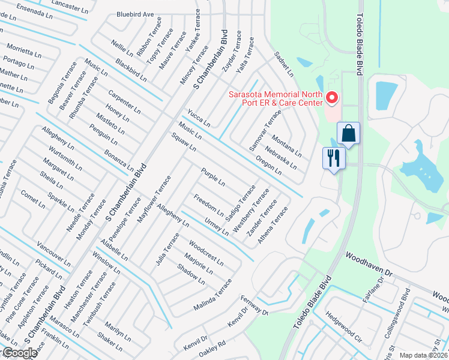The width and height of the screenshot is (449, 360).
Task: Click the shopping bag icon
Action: [348, 133]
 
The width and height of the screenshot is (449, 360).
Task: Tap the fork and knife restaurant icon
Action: [334, 158]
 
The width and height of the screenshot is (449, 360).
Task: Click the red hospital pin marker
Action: [331, 97]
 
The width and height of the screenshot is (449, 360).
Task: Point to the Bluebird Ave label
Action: [135, 13]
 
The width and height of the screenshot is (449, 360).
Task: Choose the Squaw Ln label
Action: [184, 143]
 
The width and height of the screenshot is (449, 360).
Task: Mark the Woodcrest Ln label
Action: [206, 253]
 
